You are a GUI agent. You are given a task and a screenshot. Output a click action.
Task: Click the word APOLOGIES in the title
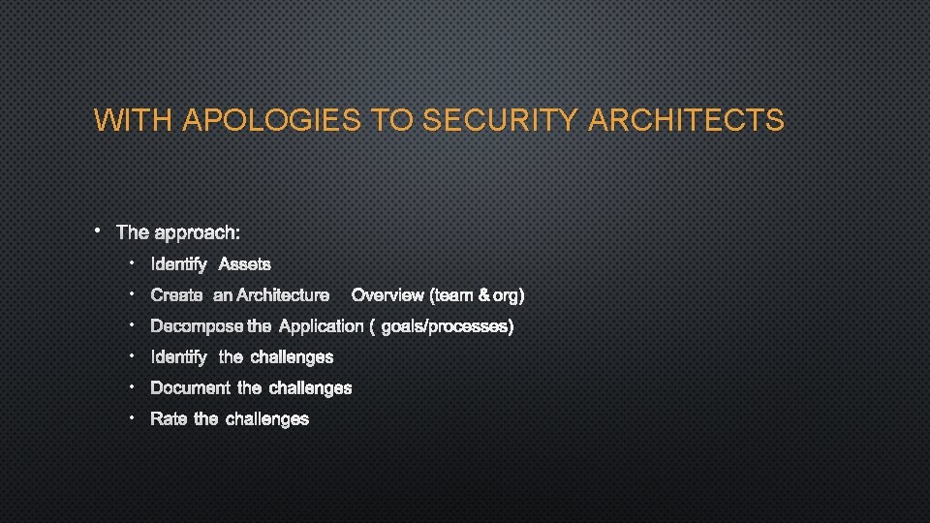coord(273,121)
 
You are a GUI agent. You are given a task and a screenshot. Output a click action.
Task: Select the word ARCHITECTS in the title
coord(686,121)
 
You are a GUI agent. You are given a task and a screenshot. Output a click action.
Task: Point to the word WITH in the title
coord(134,121)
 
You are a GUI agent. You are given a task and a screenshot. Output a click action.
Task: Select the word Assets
coord(245,264)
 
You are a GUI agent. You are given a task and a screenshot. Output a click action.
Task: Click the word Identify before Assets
coord(179,264)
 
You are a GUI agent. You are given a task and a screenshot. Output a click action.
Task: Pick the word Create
coord(177,295)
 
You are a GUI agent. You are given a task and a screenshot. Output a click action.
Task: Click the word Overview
coord(387,295)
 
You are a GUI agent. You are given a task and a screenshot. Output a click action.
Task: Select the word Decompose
coord(198,326)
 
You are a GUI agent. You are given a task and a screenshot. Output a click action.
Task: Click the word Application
coord(321,326)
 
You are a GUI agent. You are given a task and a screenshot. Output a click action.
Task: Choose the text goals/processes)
coord(447,326)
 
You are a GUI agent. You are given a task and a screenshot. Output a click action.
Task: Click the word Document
coord(190,388)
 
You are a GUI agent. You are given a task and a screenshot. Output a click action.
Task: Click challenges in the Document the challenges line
coord(310,388)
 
